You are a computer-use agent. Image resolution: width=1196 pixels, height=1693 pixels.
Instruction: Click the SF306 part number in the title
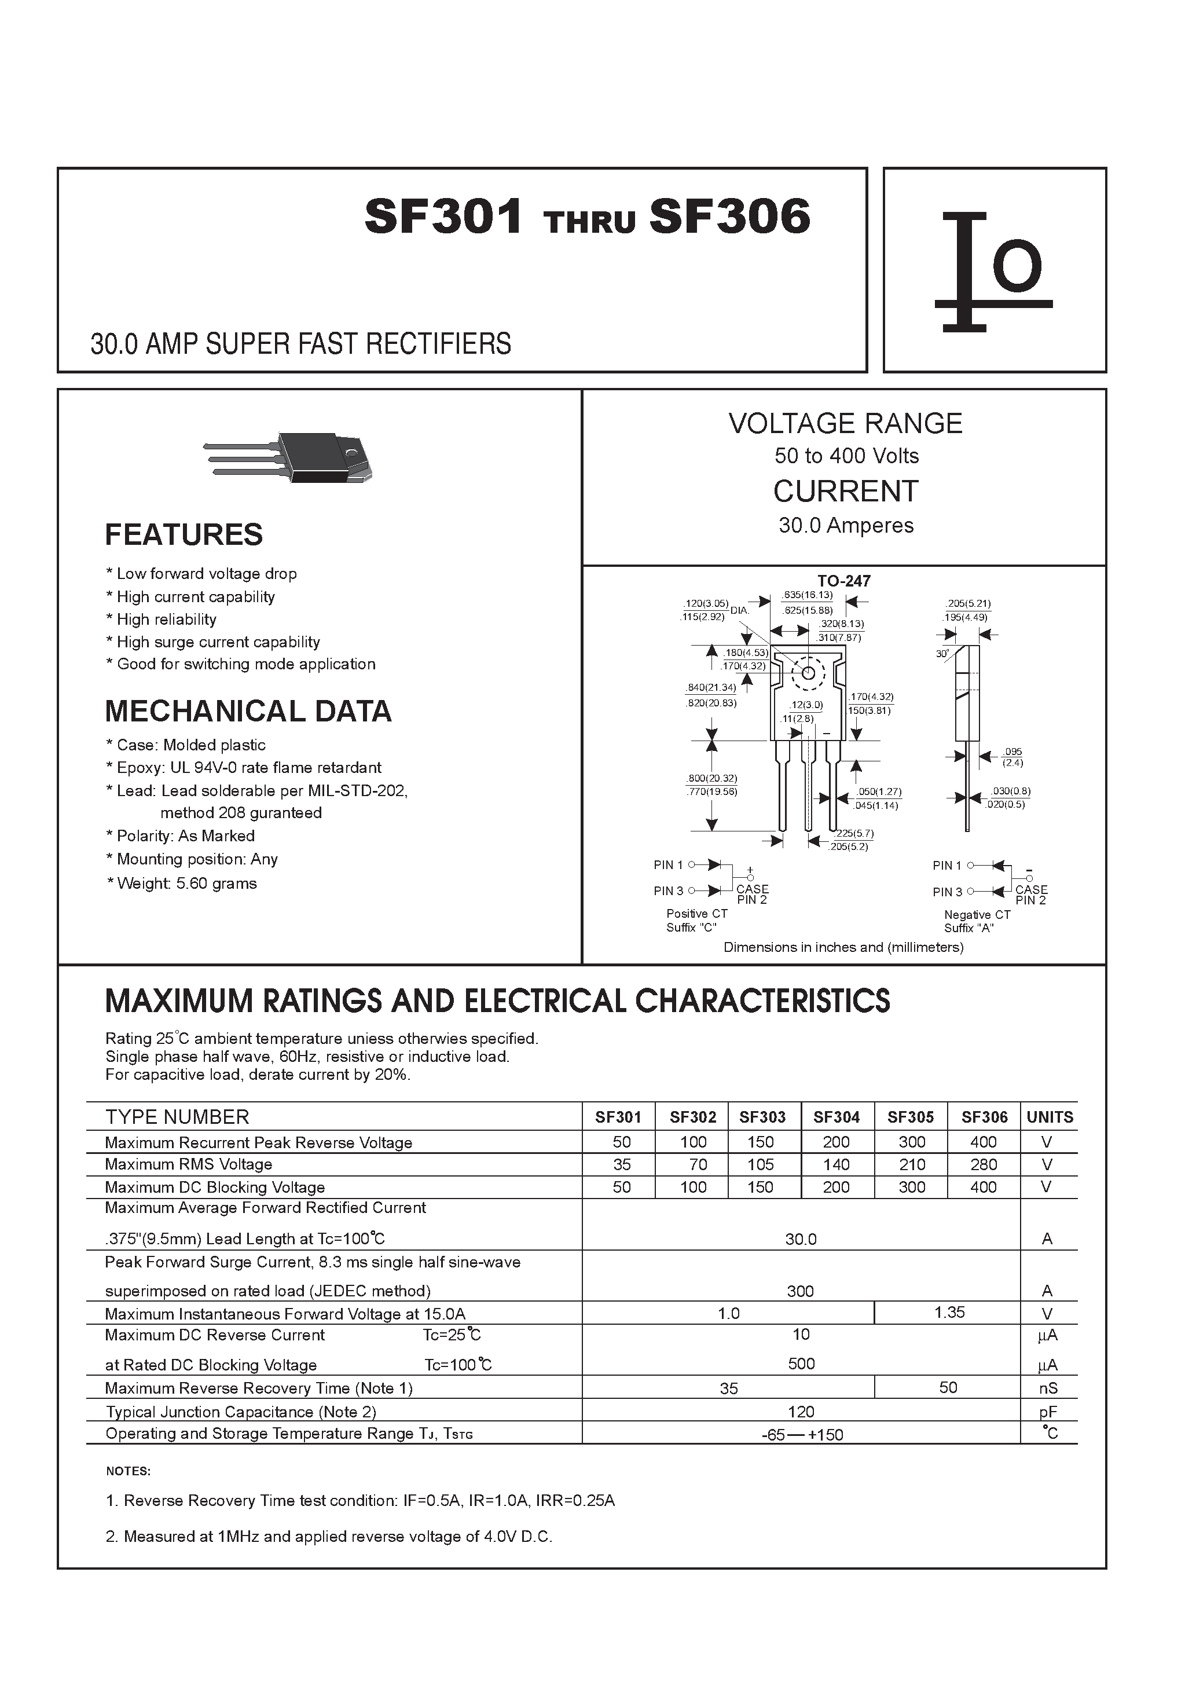pyautogui.click(x=729, y=217)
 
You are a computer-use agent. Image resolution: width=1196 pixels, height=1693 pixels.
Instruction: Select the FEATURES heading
pyautogui.click(x=184, y=534)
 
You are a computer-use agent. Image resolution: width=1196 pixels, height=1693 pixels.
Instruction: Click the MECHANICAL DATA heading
pyautogui.click(x=248, y=712)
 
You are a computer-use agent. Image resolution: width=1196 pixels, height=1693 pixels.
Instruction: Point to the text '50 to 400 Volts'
pyautogui.click(x=846, y=456)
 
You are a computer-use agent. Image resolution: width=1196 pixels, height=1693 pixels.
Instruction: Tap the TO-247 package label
pyautogui.click(x=843, y=581)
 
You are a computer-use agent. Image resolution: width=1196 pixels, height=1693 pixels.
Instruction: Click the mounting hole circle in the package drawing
pyautogui.click(x=808, y=672)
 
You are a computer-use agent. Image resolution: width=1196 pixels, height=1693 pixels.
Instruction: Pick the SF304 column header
pyautogui.click(x=836, y=1117)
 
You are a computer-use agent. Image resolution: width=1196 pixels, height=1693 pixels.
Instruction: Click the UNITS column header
pyautogui.click(x=1050, y=1117)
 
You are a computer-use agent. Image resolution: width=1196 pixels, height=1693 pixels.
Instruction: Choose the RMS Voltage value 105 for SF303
pyautogui.click(x=760, y=1164)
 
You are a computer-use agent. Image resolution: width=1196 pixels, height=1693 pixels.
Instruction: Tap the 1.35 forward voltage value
pyautogui.click(x=949, y=1313)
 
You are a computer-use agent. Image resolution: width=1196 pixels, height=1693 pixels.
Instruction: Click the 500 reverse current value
pyautogui.click(x=801, y=1364)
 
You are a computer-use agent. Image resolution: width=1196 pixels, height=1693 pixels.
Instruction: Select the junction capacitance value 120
pyautogui.click(x=801, y=1412)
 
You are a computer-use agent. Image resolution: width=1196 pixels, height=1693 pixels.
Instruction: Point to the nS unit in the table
pyautogui.click(x=1048, y=1388)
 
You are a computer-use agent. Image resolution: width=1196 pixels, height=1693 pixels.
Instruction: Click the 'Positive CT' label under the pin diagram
pyautogui.click(x=696, y=914)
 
